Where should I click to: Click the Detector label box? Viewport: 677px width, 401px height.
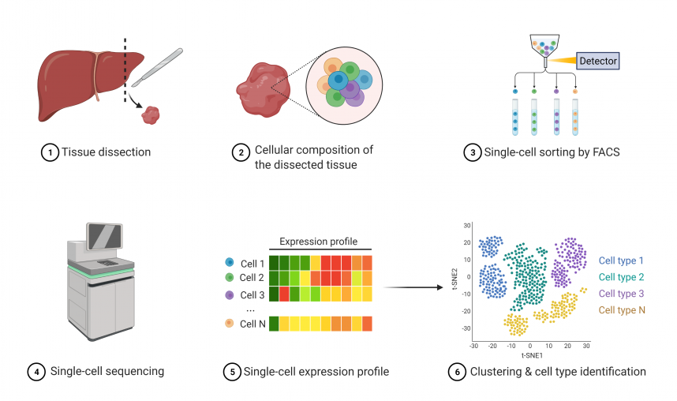(598, 60)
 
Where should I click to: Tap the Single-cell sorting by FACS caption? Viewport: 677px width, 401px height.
(546, 152)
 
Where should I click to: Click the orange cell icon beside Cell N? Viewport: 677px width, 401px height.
(229, 324)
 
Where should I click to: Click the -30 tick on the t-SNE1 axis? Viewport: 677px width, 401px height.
(473, 346)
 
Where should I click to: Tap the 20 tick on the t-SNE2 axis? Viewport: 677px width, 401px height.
(467, 243)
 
